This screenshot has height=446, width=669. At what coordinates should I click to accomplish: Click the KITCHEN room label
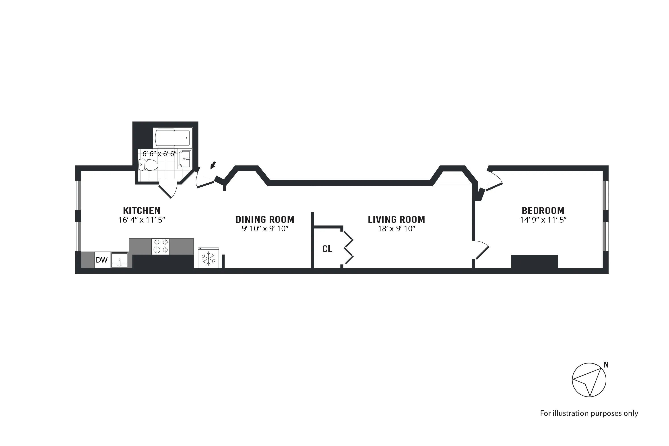[142, 211]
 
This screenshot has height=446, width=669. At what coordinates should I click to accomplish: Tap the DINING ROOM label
[265, 220]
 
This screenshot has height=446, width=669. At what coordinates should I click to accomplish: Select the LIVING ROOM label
[396, 220]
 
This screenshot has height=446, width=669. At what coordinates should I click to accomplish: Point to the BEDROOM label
[543, 211]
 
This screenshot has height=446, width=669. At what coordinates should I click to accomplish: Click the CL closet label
[327, 249]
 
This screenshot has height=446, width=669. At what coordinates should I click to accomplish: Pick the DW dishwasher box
[102, 260]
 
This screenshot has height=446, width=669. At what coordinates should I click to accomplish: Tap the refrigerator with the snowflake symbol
[209, 258]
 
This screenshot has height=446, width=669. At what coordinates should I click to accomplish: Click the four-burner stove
[160, 246]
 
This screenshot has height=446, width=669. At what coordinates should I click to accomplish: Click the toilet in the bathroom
[149, 165]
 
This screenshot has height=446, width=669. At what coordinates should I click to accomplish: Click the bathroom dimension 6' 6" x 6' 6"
[160, 154]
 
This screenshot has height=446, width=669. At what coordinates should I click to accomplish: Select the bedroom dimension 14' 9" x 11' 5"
[543, 220]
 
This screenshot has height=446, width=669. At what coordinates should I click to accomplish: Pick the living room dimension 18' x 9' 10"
[396, 229]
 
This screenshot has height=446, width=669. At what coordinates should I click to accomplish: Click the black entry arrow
[213, 165]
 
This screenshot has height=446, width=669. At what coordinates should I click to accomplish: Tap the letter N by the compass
[606, 365]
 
